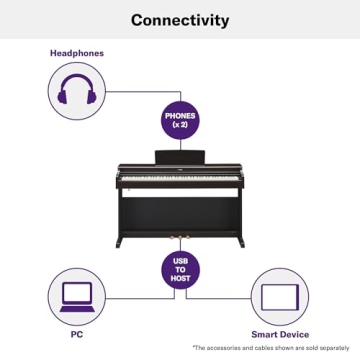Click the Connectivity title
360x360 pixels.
click(x=180, y=20)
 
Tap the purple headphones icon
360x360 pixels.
click(x=76, y=95)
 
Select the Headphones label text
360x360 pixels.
click(x=77, y=53)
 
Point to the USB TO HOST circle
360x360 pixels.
click(x=180, y=271)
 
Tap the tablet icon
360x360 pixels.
click(x=279, y=297)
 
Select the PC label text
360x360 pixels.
click(x=77, y=334)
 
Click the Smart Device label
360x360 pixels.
click(x=279, y=334)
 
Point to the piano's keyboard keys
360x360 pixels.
click(x=180, y=184)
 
